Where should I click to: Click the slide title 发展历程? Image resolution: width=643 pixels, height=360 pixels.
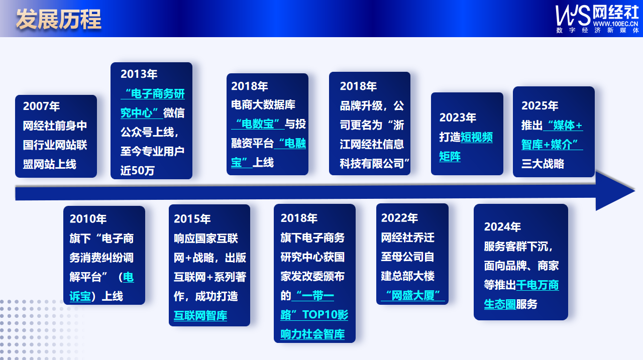tap(59, 19)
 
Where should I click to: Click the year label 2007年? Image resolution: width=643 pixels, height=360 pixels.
tap(41, 106)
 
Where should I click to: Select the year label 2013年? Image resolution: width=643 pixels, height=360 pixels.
tap(139, 74)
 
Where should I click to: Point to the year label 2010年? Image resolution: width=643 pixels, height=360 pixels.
tap(88, 219)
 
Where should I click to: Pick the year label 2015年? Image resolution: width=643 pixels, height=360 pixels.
tap(192, 219)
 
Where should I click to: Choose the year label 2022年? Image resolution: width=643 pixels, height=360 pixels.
tap(399, 218)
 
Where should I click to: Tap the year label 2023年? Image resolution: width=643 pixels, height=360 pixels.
tap(458, 117)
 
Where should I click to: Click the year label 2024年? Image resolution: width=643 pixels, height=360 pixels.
tap(502, 227)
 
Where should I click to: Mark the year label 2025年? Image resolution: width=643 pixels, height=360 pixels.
tap(540, 105)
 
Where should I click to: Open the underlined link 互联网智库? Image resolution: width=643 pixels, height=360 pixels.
tap(200, 316)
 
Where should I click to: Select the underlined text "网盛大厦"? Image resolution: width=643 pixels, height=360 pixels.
tap(412, 295)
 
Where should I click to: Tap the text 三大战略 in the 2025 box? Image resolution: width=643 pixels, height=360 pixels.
tap(543, 164)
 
